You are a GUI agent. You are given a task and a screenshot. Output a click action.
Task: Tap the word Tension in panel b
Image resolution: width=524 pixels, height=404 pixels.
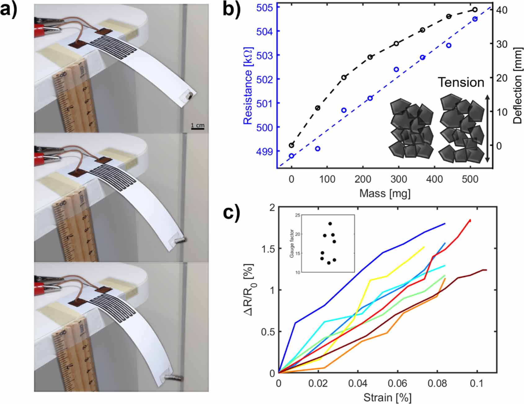[461, 82]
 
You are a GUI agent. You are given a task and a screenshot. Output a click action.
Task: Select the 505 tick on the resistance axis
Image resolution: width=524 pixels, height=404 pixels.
[264, 7]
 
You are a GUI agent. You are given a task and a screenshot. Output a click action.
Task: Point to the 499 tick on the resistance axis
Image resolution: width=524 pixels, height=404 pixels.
[264, 151]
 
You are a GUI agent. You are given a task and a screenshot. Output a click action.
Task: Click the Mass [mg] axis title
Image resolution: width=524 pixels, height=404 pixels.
[385, 194]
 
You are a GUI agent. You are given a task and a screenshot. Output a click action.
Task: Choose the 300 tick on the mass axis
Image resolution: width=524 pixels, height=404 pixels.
[398, 179]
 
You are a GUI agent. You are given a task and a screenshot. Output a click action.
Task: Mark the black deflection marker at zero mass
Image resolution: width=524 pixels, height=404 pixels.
[291, 145]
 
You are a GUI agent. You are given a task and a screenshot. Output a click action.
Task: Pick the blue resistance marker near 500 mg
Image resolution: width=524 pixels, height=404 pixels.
[475, 19]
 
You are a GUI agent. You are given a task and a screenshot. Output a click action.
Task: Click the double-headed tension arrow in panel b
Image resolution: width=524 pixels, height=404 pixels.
[487, 128]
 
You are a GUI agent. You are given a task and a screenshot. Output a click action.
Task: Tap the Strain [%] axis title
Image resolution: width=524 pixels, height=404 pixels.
[387, 397]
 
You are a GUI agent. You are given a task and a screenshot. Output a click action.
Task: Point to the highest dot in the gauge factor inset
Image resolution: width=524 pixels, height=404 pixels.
[330, 224]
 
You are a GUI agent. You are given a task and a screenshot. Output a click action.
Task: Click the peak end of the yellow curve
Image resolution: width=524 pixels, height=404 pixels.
[424, 247]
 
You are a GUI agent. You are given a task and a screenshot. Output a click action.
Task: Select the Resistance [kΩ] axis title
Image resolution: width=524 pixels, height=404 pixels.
[248, 86]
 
